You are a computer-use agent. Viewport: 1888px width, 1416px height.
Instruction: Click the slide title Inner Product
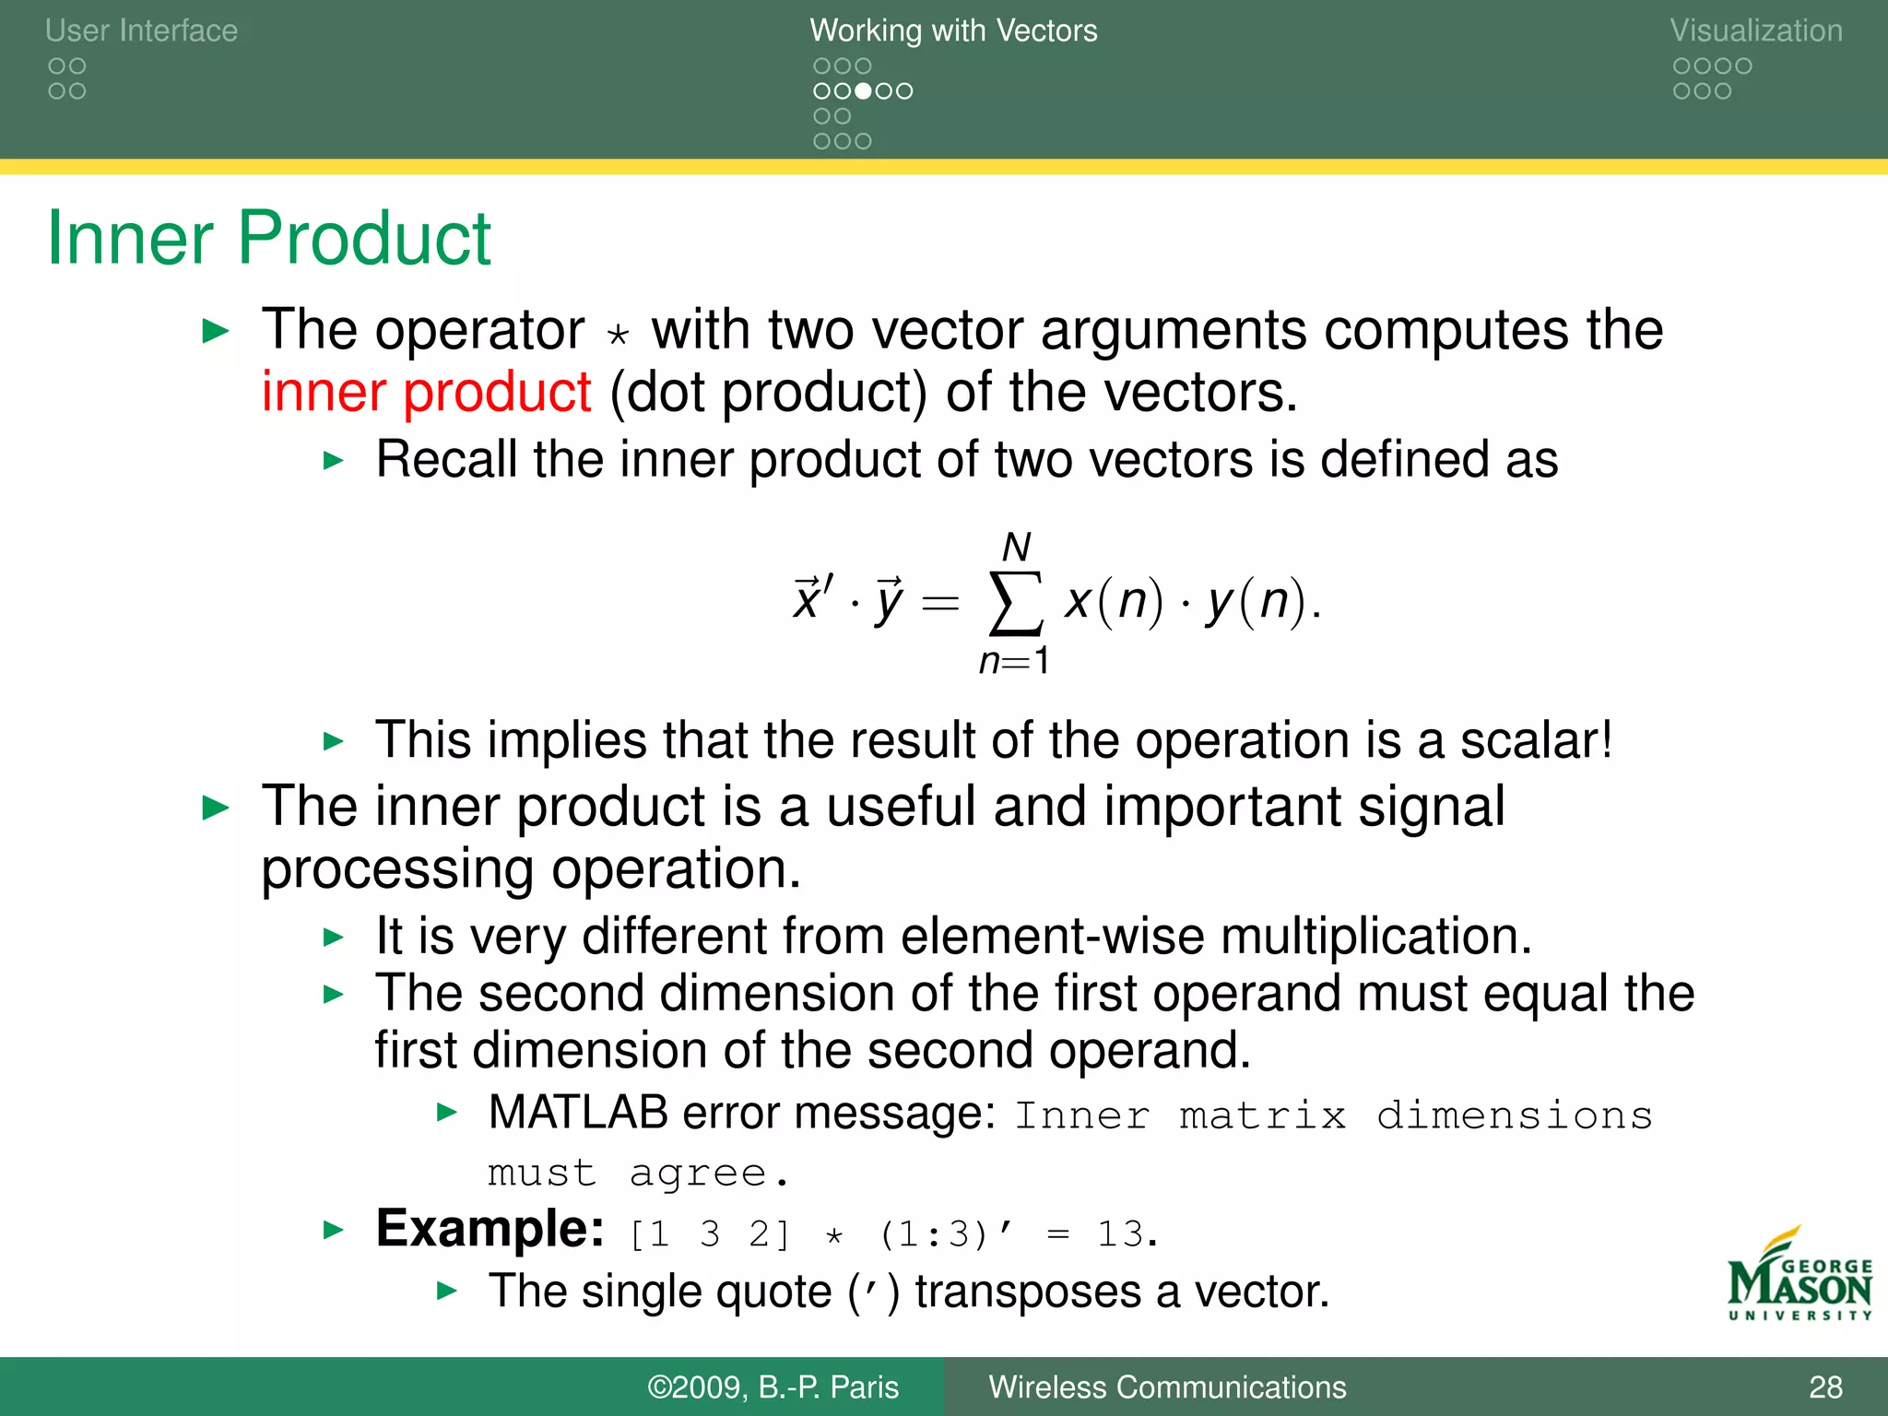(268, 238)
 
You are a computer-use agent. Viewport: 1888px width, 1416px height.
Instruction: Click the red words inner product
(426, 392)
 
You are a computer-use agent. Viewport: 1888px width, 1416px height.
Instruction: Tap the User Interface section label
(141, 30)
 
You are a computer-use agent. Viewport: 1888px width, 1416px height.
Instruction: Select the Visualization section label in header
(1755, 30)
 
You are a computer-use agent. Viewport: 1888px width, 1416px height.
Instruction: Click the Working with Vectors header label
(953, 30)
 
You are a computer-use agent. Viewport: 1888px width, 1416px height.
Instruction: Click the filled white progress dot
(863, 91)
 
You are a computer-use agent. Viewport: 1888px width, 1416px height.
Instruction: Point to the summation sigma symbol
(1015, 604)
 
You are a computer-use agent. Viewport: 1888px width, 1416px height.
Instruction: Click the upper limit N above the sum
(1016, 548)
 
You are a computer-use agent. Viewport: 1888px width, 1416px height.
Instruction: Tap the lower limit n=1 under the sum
(1014, 661)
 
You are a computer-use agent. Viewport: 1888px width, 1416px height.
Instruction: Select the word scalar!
(1537, 739)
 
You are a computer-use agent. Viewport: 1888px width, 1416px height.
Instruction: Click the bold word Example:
(490, 1229)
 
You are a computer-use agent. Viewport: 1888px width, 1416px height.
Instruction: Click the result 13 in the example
(1120, 1233)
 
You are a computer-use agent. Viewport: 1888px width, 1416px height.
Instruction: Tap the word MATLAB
(578, 1112)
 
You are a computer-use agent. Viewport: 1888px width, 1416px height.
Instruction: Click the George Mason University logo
(1799, 1277)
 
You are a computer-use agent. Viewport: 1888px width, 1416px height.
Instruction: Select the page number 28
(1824, 1387)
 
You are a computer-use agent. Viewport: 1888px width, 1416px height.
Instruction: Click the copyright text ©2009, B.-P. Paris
(773, 1387)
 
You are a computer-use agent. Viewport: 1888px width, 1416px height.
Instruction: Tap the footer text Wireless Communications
(1167, 1387)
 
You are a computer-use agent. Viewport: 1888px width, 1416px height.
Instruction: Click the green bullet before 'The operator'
(215, 331)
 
